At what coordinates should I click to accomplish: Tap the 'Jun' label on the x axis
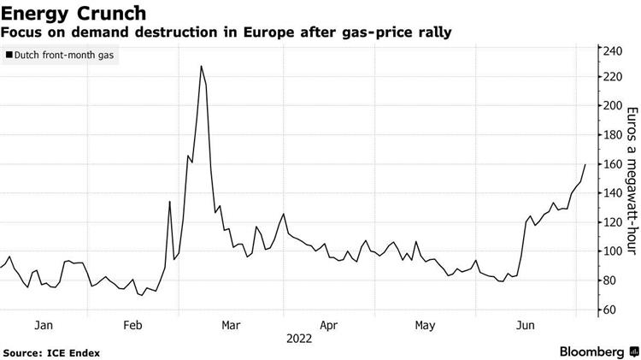pos(526,326)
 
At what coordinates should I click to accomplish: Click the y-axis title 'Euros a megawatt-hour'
pos(633,180)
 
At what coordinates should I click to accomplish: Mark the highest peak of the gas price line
pos(200,66)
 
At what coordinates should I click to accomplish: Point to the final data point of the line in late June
pos(585,164)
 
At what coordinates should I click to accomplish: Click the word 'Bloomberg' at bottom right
pos(591,351)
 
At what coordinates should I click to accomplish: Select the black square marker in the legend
pos(9,56)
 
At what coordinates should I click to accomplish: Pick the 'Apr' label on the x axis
pos(329,326)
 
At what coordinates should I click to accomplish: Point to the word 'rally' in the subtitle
pos(433,32)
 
